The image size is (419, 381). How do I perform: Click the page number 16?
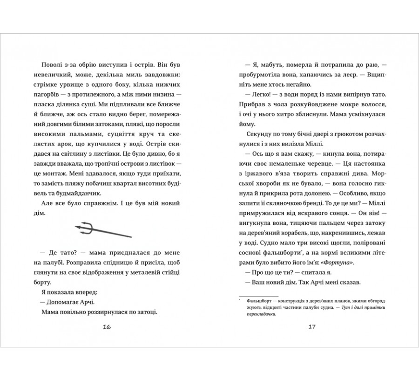(x=106, y=326)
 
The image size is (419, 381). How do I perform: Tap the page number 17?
(x=312, y=326)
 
